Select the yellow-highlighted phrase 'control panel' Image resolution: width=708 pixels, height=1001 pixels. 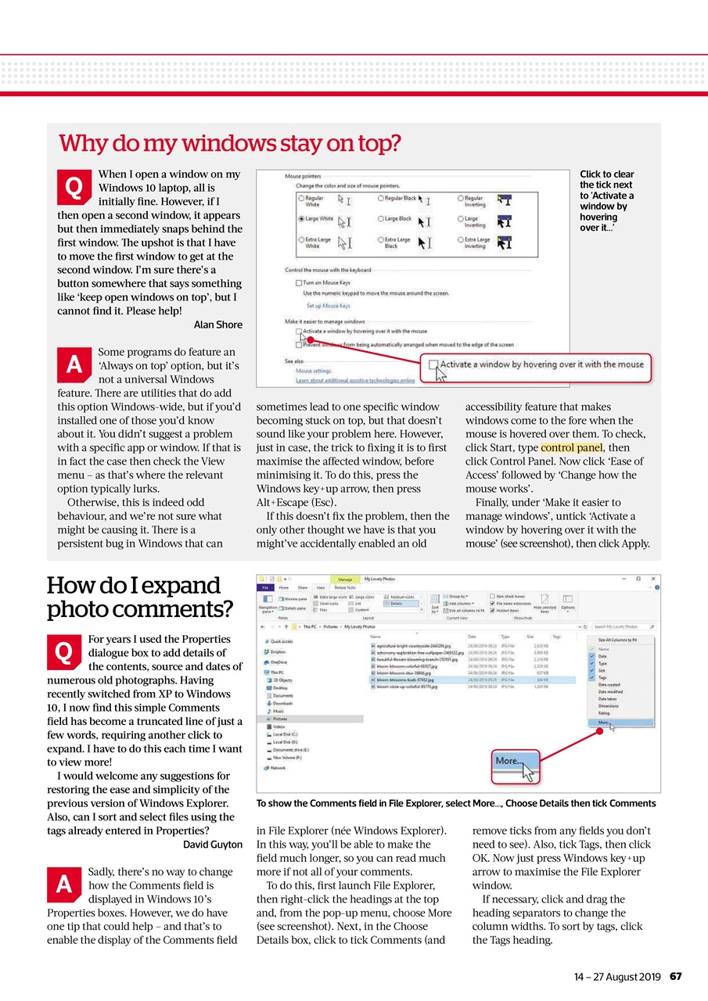pos(570,447)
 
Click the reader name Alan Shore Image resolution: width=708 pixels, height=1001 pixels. pos(217,325)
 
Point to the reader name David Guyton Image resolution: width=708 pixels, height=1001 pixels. pos(212,845)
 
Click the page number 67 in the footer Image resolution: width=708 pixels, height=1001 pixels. pos(677,977)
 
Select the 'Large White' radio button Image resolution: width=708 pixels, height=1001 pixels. pos(300,219)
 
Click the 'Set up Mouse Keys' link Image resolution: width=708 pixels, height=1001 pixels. pos(328,306)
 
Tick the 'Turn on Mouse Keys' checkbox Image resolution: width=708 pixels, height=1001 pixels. pos(299,282)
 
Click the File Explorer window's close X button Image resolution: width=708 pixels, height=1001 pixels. pos(653,579)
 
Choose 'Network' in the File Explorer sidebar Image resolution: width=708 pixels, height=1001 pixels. pos(278,768)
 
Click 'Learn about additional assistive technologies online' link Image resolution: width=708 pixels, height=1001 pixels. pos(355,380)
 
